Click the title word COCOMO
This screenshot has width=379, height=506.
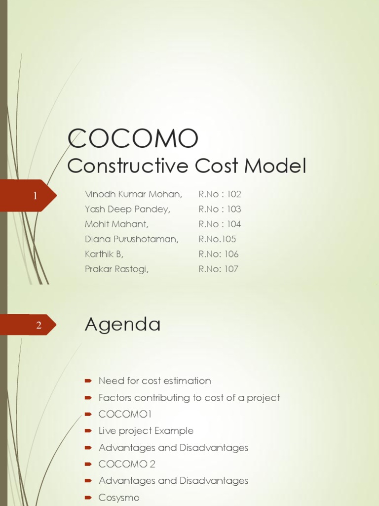tap(133, 138)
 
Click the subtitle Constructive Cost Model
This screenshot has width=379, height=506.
tap(187, 166)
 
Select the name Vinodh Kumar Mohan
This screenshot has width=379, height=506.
tap(133, 194)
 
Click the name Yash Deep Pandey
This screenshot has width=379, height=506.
tap(127, 209)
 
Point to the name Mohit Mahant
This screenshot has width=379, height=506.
tap(116, 224)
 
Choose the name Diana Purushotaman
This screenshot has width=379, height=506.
tap(132, 239)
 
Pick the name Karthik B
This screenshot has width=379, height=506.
tap(104, 254)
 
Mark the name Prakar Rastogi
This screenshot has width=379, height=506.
tap(116, 269)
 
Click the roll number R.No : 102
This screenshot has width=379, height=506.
tap(220, 194)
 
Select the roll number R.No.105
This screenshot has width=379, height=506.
tap(217, 239)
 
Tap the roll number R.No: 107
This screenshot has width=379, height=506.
tap(218, 269)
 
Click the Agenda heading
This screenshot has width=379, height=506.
tap(123, 325)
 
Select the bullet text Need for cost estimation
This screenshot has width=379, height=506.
tap(154, 380)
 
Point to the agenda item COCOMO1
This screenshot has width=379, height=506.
tap(125, 414)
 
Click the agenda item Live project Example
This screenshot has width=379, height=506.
tap(146, 431)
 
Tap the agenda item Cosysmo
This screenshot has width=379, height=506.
tap(119, 498)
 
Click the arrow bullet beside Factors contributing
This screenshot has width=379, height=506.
tap(88, 398)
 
